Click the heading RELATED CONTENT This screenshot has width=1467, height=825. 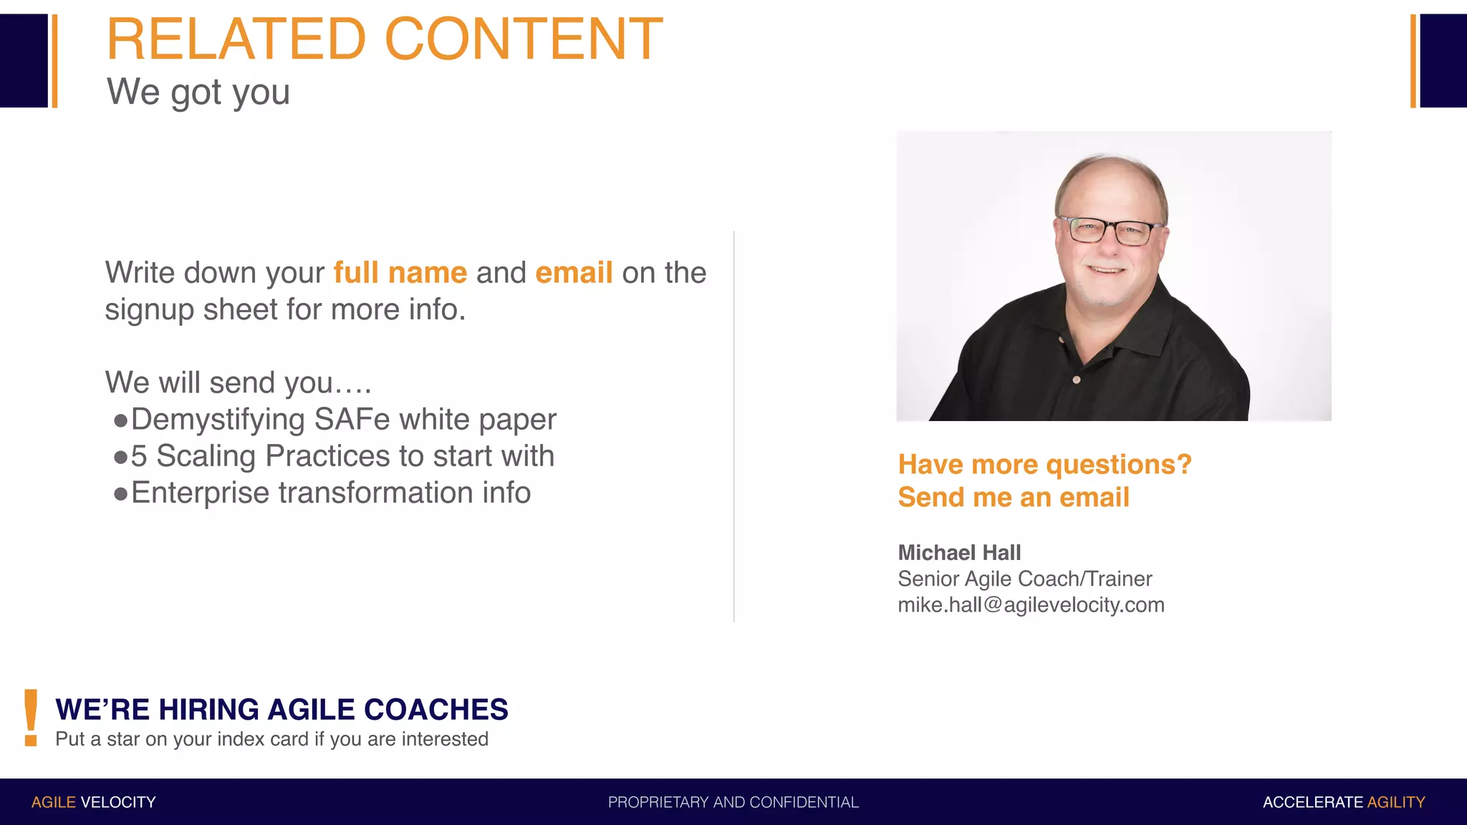click(x=385, y=39)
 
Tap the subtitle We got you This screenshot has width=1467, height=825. click(x=198, y=92)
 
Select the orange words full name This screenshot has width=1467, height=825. click(x=400, y=273)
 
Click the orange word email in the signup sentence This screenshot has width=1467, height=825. click(x=574, y=273)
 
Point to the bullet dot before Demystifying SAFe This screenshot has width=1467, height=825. click(x=120, y=420)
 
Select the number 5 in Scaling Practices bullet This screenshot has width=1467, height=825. click(x=139, y=457)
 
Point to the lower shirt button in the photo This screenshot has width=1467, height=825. click(x=1076, y=380)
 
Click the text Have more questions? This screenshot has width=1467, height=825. click(x=1044, y=465)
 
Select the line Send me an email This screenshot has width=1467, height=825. click(x=1014, y=498)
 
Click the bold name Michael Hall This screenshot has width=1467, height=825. click(x=959, y=553)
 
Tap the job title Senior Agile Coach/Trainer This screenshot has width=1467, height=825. click(x=1024, y=579)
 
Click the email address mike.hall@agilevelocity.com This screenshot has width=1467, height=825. click(x=1031, y=605)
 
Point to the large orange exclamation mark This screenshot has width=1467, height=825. click(x=31, y=718)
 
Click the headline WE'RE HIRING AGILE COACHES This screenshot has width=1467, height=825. click(x=282, y=710)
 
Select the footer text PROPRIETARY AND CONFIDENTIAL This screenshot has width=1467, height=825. click(x=733, y=802)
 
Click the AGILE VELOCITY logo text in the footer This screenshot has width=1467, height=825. click(x=93, y=802)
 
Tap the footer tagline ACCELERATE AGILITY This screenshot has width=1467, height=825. click(x=1343, y=802)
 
